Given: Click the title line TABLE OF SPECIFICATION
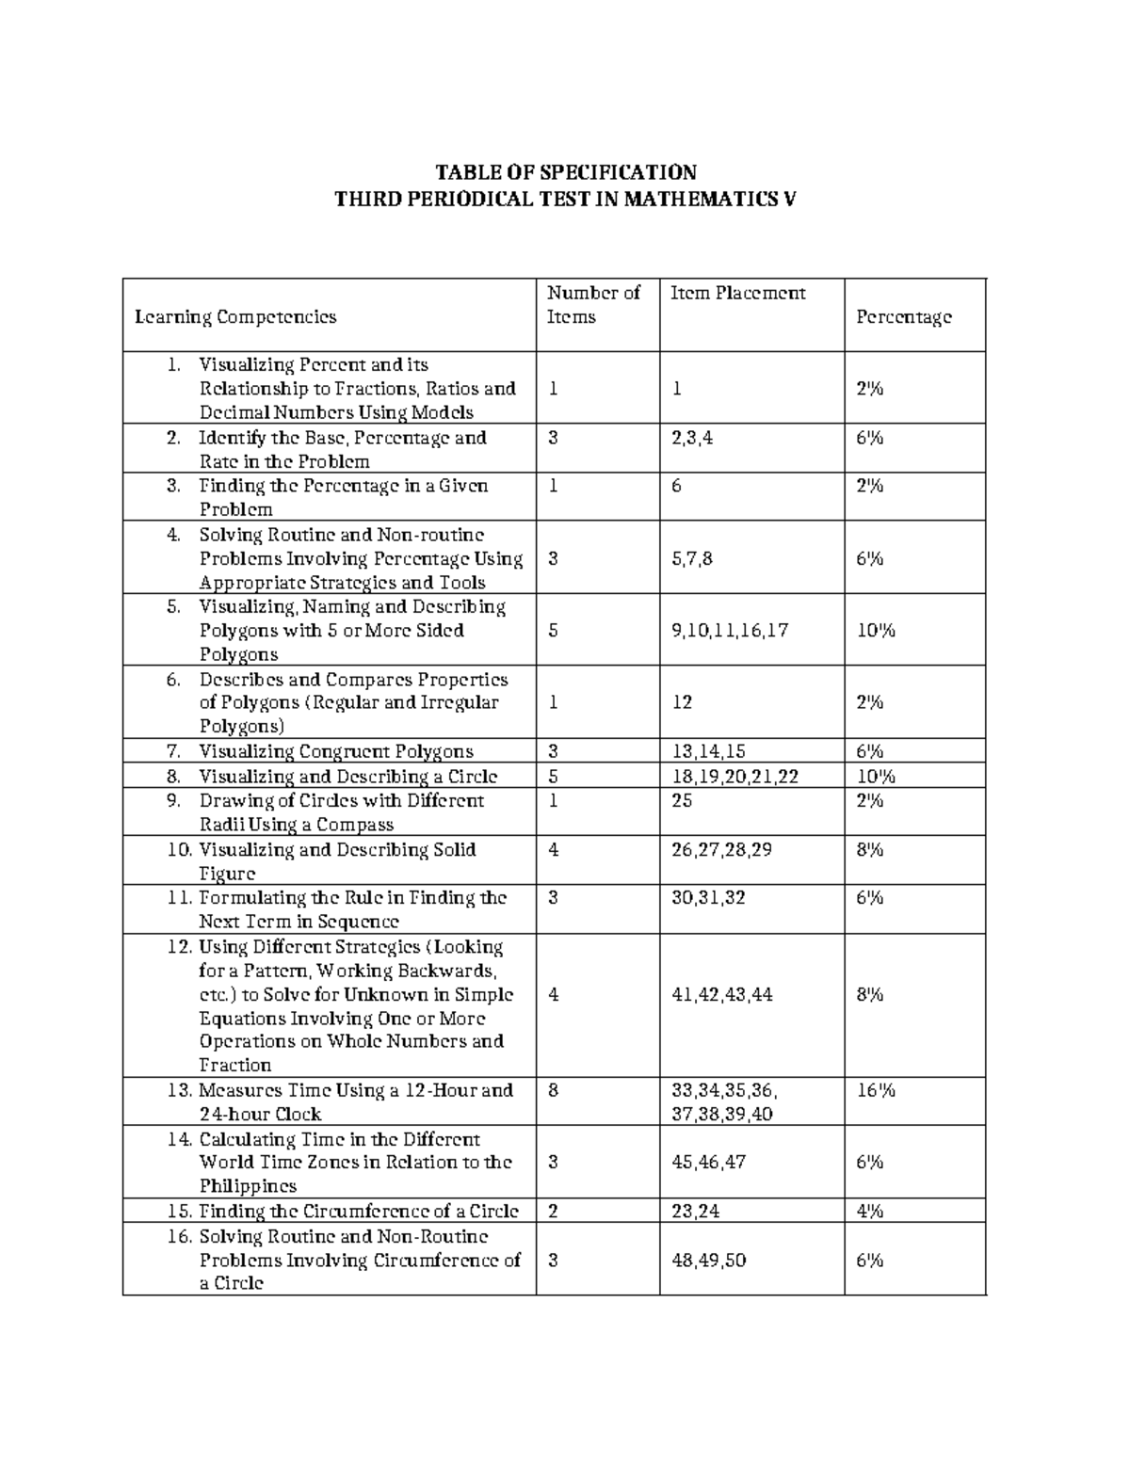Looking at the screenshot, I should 565,172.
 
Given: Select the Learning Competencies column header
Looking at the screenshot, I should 235,317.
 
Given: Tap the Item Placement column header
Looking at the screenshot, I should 737,293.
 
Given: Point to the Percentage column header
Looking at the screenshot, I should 903,317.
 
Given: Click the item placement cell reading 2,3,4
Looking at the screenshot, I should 692,438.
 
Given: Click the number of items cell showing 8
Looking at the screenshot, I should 553,1090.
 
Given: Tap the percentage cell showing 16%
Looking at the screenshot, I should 875,1090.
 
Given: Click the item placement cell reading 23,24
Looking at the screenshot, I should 695,1212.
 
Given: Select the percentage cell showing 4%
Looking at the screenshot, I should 869,1212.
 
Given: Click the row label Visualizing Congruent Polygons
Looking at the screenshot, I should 336,751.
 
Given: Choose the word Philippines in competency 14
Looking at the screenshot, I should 248,1186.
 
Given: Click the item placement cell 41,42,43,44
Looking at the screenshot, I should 721,995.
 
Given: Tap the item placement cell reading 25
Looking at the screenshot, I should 682,800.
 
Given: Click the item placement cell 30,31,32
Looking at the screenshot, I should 708,898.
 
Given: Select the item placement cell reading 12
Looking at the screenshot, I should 682,702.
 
